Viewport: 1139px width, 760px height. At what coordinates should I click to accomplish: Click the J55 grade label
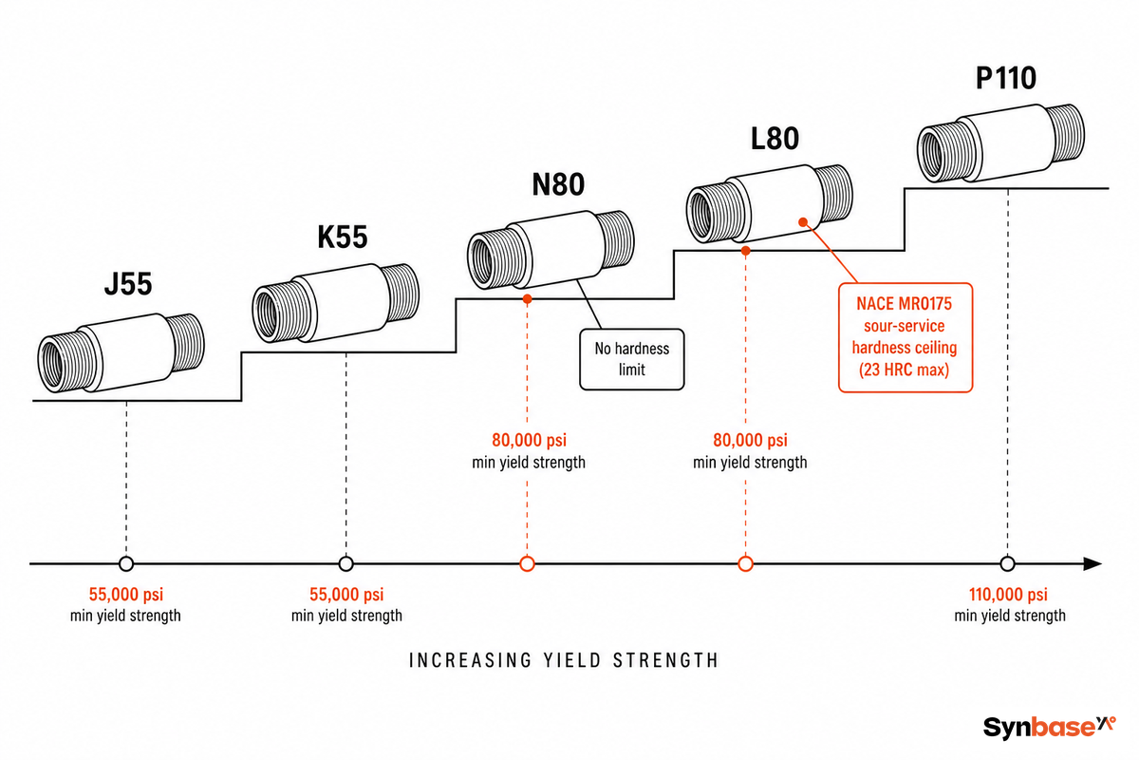[128, 283]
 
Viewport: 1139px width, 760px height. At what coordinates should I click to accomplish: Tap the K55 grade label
[343, 237]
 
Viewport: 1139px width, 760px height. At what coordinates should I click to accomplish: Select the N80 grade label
[558, 184]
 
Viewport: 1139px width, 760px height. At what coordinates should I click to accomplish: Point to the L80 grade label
[775, 139]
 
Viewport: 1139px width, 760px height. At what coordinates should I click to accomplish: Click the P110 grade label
[1006, 78]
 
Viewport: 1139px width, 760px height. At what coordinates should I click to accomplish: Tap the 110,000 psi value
[1008, 594]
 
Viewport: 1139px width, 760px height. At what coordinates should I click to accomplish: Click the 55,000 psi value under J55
[126, 594]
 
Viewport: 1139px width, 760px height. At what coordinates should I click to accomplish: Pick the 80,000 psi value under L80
[750, 440]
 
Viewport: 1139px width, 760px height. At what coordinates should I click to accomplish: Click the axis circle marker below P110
[1007, 564]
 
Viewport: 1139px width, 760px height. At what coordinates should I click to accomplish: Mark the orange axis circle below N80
[528, 564]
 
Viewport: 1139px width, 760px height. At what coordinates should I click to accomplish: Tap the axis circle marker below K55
[345, 564]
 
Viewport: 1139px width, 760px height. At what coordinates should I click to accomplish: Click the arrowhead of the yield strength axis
[1092, 564]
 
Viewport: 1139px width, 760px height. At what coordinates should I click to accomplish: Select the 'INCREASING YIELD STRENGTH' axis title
[564, 660]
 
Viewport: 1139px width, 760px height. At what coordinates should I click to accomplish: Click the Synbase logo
[1050, 727]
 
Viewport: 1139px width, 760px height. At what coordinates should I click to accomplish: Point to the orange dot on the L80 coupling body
[803, 222]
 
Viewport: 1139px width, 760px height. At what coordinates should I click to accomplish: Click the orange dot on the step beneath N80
[528, 299]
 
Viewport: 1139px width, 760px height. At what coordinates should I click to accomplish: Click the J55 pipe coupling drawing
[121, 352]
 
